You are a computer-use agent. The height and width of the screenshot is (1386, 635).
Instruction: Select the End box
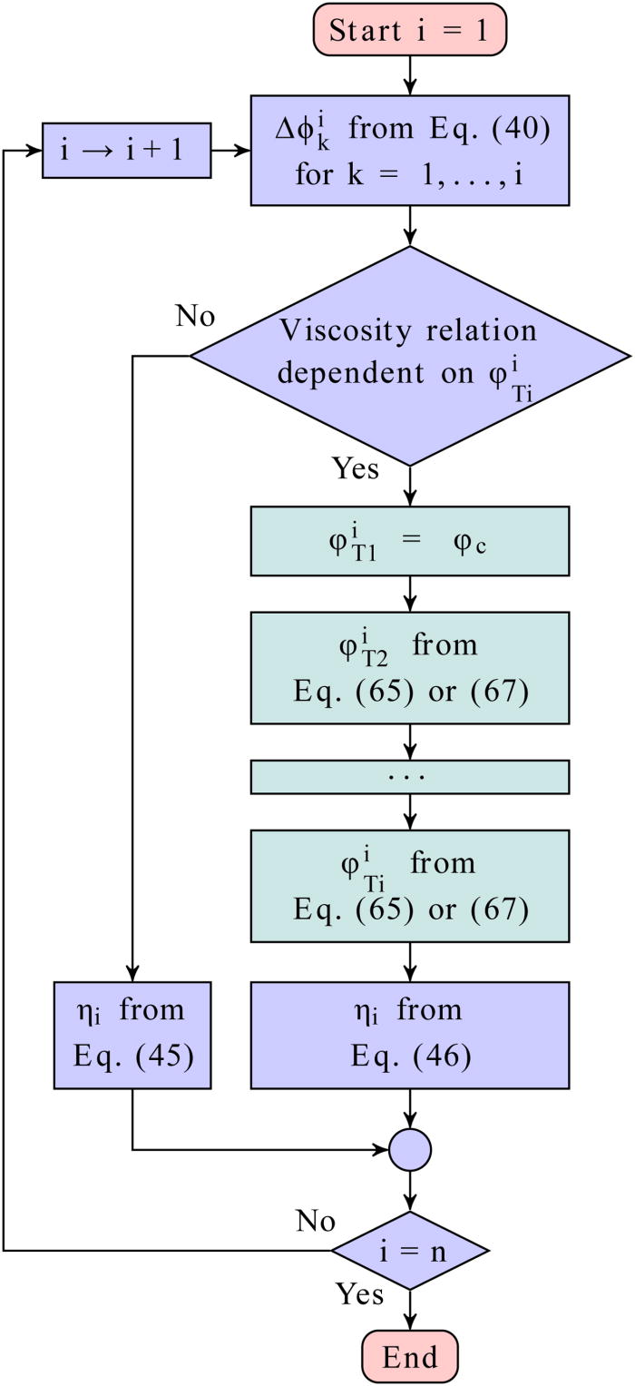(x=411, y=1356)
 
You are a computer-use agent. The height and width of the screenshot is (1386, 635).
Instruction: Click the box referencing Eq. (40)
(x=411, y=151)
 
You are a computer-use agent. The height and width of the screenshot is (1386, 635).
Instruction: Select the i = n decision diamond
(x=410, y=1250)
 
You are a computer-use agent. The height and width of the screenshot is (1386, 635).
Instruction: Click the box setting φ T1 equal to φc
(x=411, y=541)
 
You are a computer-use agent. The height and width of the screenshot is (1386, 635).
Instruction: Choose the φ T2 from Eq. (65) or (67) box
(x=411, y=667)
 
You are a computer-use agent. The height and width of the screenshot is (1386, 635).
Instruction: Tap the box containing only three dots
(x=411, y=777)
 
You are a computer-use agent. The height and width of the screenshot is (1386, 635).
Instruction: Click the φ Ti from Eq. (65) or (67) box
(x=411, y=885)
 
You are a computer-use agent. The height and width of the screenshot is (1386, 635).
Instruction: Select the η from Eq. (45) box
(x=132, y=1034)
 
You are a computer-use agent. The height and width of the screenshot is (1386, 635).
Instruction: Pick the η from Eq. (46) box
(x=411, y=1034)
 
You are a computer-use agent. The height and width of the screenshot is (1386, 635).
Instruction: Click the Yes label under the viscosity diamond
(x=356, y=470)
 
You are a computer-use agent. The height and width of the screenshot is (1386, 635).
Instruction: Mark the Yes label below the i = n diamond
(x=359, y=1293)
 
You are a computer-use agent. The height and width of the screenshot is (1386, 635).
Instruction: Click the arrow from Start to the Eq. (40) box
(x=411, y=75)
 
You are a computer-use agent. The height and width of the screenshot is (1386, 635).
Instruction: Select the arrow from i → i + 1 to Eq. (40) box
(x=230, y=151)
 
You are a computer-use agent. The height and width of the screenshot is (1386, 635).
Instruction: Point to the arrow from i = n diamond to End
(x=411, y=1311)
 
